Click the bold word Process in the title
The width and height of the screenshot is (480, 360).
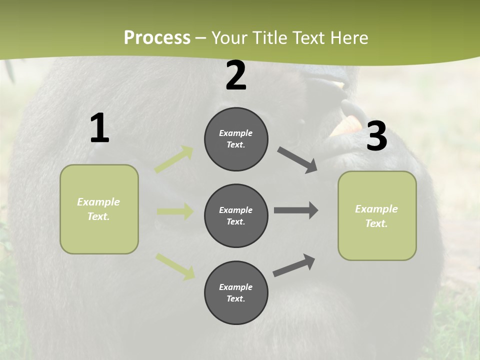click(x=157, y=38)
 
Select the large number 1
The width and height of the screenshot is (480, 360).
click(x=99, y=128)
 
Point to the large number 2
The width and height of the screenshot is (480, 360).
click(x=236, y=76)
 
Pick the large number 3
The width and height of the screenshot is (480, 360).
click(x=376, y=136)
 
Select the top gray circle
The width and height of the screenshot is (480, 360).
click(x=236, y=139)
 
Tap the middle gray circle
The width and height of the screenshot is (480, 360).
click(x=236, y=215)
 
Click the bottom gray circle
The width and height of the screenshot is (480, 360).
click(x=236, y=292)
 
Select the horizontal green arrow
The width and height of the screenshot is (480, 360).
click(x=175, y=211)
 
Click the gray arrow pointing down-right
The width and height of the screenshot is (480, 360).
click(x=297, y=160)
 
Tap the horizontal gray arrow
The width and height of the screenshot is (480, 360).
click(x=296, y=210)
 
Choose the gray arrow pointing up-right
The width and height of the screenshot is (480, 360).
click(x=294, y=265)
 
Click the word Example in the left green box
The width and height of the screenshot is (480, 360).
click(x=98, y=202)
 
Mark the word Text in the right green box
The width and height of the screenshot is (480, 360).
click(x=376, y=223)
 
